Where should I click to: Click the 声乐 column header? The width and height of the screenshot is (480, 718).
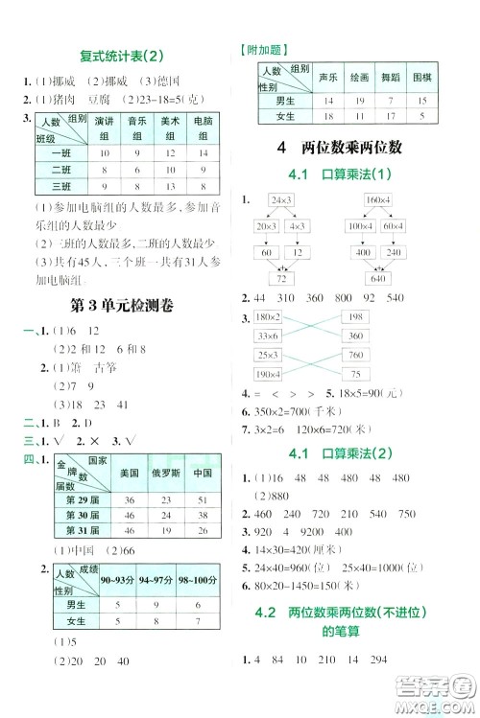[x=328, y=76]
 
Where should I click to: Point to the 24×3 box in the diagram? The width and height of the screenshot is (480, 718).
[x=282, y=199]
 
